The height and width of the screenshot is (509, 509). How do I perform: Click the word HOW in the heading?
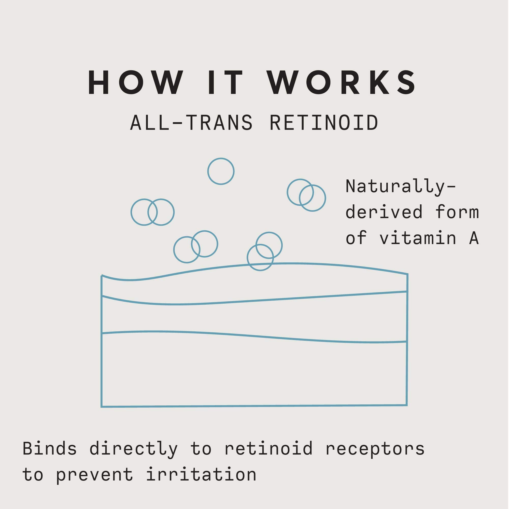[136, 82]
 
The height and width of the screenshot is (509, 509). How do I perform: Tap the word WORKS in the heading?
[342, 82]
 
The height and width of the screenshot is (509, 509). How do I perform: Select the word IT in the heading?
[226, 82]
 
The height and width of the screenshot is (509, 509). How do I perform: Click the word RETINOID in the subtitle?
[324, 123]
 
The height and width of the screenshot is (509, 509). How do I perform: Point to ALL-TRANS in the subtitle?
[192, 123]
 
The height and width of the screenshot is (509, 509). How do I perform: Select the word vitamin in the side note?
[418, 238]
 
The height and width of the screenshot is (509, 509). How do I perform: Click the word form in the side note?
[457, 212]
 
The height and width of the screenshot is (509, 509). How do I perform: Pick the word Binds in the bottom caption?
[50, 449]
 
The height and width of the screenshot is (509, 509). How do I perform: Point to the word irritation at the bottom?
[201, 475]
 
